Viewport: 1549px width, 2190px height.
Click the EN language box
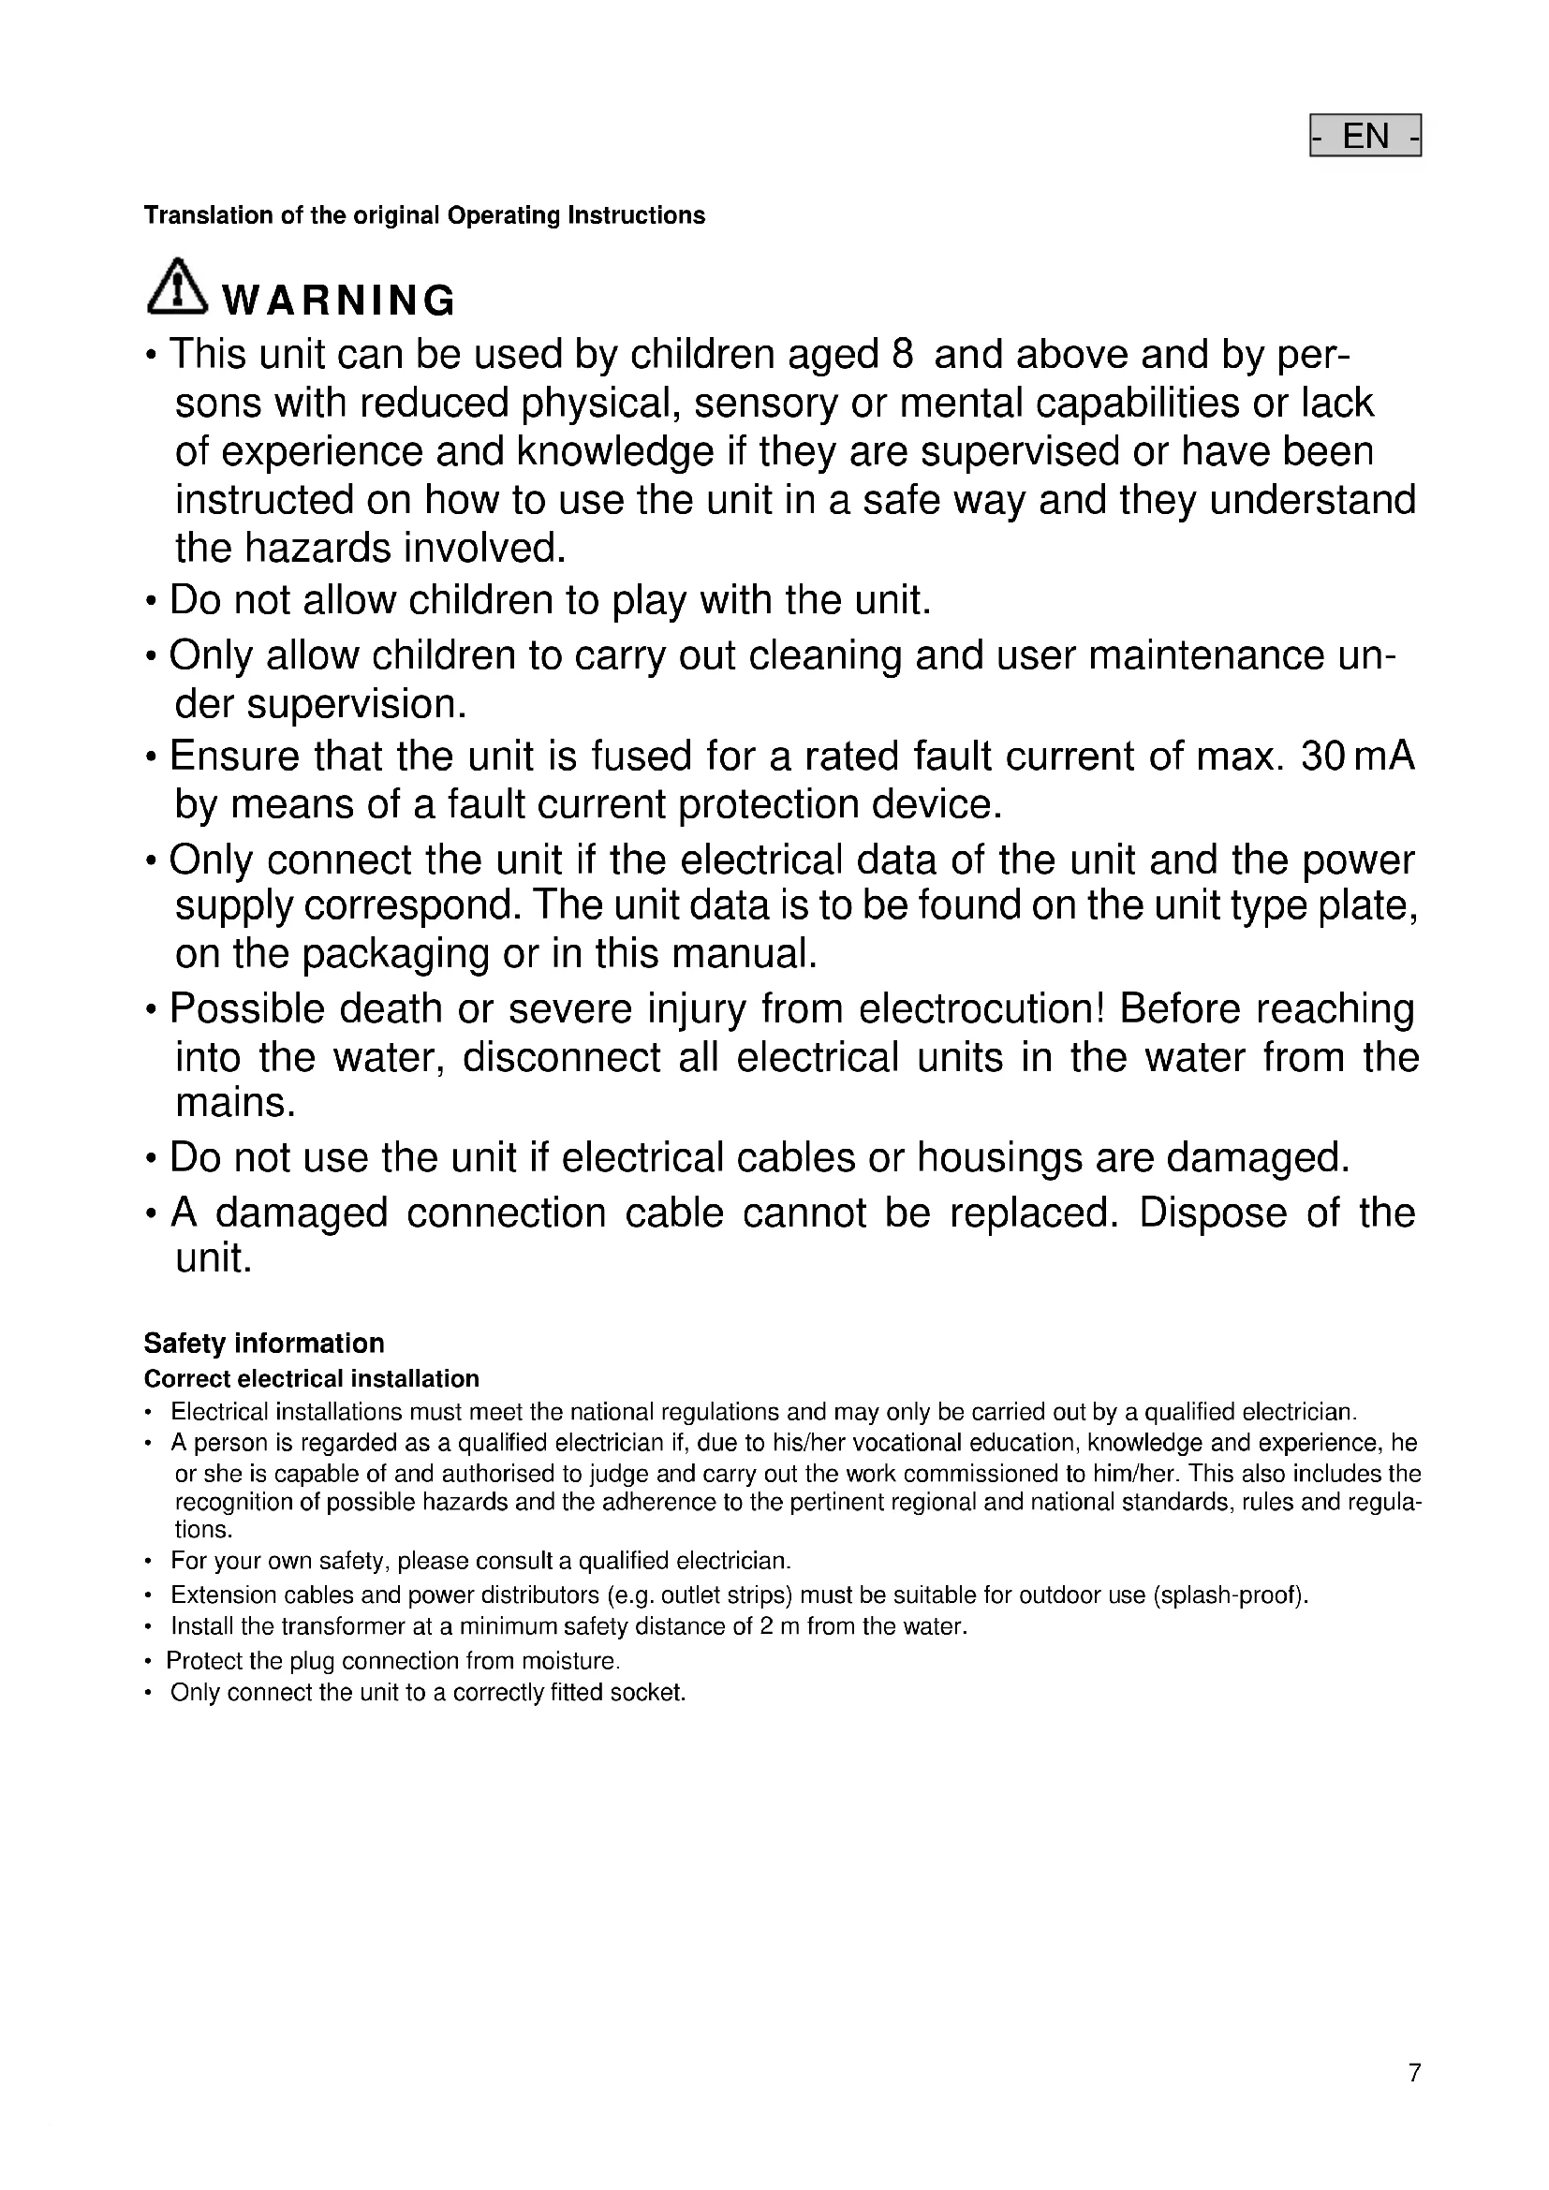point(1365,136)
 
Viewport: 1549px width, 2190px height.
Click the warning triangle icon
point(176,287)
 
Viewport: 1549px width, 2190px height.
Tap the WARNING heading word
point(339,301)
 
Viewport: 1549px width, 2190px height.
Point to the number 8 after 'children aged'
point(901,355)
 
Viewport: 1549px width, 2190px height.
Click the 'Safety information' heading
point(264,1343)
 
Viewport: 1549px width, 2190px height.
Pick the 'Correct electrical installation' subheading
point(311,1379)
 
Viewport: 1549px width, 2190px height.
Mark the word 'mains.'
point(236,1104)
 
